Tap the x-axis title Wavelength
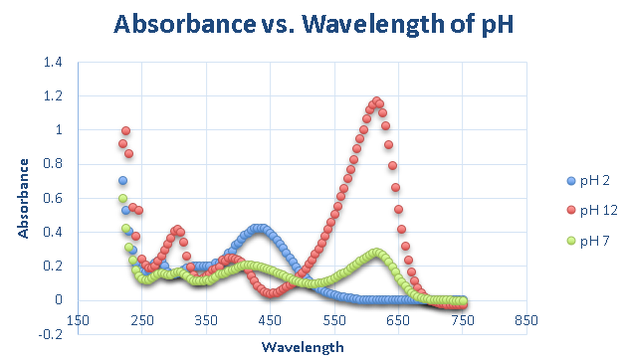pyautogui.click(x=304, y=346)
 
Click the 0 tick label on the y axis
pyautogui.click(x=59, y=300)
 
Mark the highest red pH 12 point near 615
pyautogui.click(x=376, y=101)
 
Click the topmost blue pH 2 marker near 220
pyautogui.click(x=123, y=181)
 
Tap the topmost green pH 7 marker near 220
pyautogui.click(x=123, y=199)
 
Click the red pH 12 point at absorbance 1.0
pyautogui.click(x=126, y=130)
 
